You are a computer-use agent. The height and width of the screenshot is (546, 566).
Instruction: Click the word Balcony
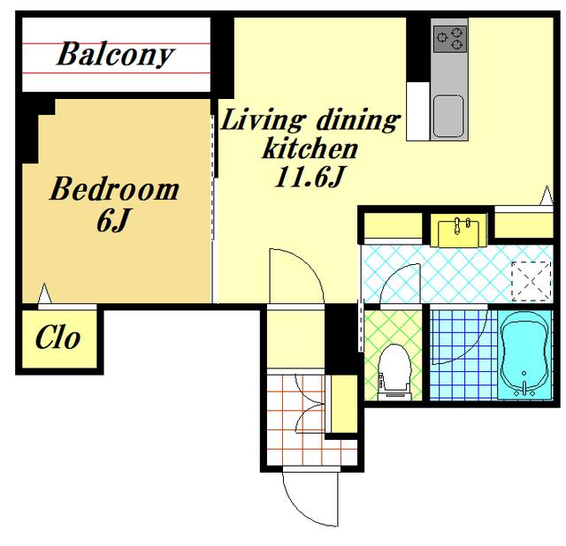pos(116,54)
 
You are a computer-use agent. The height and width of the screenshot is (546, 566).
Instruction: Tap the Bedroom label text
pos(114,189)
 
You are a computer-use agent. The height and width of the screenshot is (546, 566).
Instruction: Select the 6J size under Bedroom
pos(112,220)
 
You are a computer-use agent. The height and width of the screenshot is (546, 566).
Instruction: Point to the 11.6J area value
pos(310,177)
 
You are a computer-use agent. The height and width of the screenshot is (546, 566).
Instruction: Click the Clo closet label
pos(57,337)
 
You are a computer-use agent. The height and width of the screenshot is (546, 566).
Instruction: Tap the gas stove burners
pos(450,39)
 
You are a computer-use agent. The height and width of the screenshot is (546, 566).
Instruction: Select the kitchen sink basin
pos(448,116)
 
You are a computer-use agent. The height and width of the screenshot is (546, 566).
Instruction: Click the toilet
pos(394,372)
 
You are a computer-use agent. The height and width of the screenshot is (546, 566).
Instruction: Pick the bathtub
pos(524,355)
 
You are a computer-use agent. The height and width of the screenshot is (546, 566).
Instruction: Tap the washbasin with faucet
pos(458,231)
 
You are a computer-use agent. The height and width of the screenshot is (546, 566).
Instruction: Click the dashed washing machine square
pos(532,281)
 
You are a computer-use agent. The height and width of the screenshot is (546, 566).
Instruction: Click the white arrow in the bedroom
pos(45,293)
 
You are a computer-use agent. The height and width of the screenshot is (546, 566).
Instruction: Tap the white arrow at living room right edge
pos(547,195)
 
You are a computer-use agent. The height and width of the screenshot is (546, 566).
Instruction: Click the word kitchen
pos(310,148)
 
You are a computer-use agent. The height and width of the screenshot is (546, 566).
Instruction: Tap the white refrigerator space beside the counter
pos(418,111)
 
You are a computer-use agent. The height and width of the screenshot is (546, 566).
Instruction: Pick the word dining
pos(357,119)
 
